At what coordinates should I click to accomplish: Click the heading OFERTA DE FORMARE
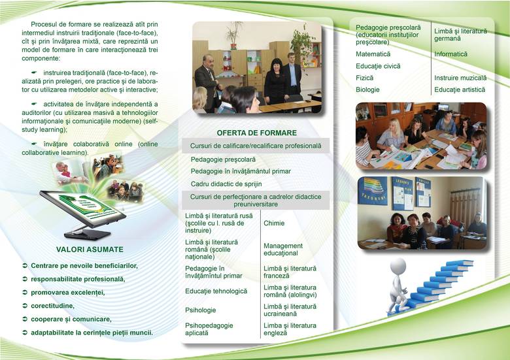click(x=256, y=133)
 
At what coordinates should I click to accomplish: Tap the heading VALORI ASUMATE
click(x=90, y=250)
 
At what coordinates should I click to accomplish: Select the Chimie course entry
click(x=274, y=223)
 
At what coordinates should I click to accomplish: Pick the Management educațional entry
click(x=283, y=250)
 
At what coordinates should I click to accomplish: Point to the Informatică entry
click(x=450, y=54)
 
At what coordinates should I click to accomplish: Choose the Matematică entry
click(x=373, y=54)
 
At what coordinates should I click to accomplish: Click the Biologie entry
click(x=367, y=90)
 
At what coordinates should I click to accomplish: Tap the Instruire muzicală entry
click(x=460, y=78)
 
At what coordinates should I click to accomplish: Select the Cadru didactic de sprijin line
click(x=226, y=184)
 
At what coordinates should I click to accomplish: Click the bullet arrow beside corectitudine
click(x=25, y=306)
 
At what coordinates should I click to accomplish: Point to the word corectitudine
click(x=52, y=306)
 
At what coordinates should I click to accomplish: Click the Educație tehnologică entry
click(x=216, y=291)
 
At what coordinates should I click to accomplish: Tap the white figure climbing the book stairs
click(x=398, y=284)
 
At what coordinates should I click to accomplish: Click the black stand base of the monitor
click(x=87, y=234)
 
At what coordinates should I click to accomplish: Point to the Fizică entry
click(x=364, y=78)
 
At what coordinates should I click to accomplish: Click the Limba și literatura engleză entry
click(x=290, y=329)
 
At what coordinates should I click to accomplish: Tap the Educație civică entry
click(x=378, y=66)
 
